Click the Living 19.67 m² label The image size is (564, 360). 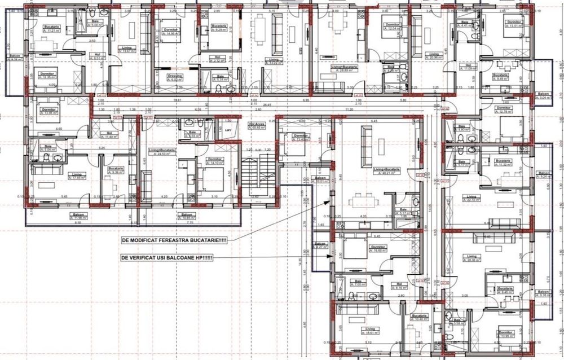click(x=129, y=49)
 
